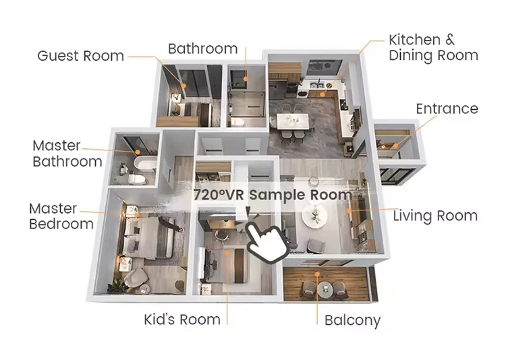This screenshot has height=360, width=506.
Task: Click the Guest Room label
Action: click(80, 56)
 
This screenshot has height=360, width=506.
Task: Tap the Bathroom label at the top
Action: click(202, 49)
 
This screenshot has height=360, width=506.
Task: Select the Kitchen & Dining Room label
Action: click(433, 47)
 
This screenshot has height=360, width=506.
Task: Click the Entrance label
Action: click(447, 109)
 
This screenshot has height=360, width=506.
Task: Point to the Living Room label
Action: click(435, 216)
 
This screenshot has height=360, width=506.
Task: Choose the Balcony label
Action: click(352, 320)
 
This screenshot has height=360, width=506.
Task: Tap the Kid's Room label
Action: click(182, 320)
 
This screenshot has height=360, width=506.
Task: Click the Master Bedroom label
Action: click(61, 216)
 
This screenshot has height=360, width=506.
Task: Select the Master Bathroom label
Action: click(67, 154)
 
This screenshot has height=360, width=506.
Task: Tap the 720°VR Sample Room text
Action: click(273, 195)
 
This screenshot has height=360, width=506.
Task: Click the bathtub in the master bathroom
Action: click(146, 163)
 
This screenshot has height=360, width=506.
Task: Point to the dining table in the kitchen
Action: click(293, 121)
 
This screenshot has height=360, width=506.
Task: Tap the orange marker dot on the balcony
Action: click(317, 274)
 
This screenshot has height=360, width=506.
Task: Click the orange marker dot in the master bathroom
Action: click(138, 152)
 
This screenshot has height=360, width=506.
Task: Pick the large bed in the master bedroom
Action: click(149, 238)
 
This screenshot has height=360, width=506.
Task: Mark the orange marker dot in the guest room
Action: click(184, 86)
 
